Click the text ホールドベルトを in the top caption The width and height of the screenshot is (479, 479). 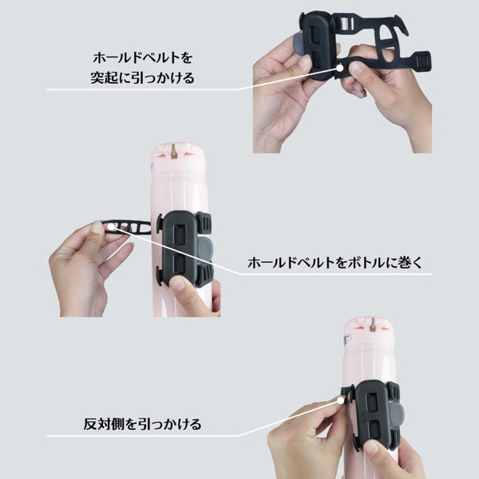coord(142,57)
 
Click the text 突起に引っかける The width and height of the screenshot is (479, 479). coord(142,77)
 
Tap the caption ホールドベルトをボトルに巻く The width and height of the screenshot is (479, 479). coord(335,263)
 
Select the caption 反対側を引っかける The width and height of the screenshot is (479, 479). coord(142,425)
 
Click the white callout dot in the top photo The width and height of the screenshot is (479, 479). coord(340,68)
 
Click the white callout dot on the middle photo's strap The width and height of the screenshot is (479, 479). coord(111,227)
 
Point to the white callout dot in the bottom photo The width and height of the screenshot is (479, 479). coord(341,400)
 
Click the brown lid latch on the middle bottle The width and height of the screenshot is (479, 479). coord(175,151)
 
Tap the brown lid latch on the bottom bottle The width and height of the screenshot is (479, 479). coord(373,325)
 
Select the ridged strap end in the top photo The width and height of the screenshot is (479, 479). coord(424,62)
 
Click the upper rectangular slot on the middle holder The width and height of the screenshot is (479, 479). coord(179,236)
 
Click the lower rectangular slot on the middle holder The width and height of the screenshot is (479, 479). coord(179,264)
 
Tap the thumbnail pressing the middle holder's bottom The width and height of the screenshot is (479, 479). coord(177,283)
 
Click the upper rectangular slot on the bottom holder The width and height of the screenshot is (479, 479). coord(372,402)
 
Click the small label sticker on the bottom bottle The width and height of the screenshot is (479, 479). coord(347,339)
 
